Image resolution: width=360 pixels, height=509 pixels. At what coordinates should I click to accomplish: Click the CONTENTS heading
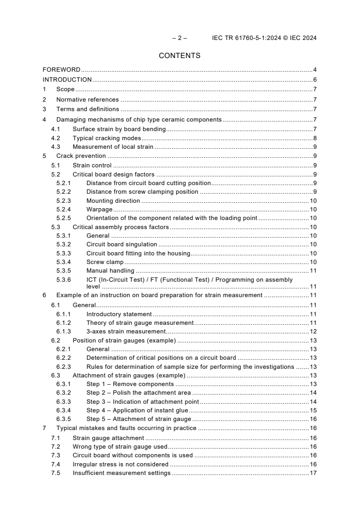click(180, 56)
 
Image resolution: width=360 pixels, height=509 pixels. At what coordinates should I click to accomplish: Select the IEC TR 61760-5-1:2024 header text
click(264, 38)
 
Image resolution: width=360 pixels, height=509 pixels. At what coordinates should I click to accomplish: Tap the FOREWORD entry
click(61, 70)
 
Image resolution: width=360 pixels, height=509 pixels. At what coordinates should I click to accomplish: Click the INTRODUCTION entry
click(67, 80)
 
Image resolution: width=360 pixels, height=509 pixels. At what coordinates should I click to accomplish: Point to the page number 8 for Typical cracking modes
click(315, 138)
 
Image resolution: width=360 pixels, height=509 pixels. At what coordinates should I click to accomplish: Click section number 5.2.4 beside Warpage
click(64, 210)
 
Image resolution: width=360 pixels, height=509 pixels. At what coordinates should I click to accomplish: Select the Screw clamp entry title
click(105, 262)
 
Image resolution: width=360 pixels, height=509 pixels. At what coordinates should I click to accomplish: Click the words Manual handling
click(110, 271)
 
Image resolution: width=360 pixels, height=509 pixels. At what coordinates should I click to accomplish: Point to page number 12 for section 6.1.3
click(313, 331)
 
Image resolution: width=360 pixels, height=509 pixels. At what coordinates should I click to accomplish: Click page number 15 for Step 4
click(313, 411)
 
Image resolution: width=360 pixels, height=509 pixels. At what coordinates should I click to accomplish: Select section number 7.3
click(55, 455)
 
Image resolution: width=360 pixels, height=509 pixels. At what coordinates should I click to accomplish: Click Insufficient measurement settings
click(121, 473)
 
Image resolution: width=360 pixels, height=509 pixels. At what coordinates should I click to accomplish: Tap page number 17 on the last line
click(313, 473)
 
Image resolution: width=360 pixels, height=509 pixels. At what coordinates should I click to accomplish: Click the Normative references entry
click(87, 100)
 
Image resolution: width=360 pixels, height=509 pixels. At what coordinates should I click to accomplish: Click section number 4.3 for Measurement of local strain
click(55, 147)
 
